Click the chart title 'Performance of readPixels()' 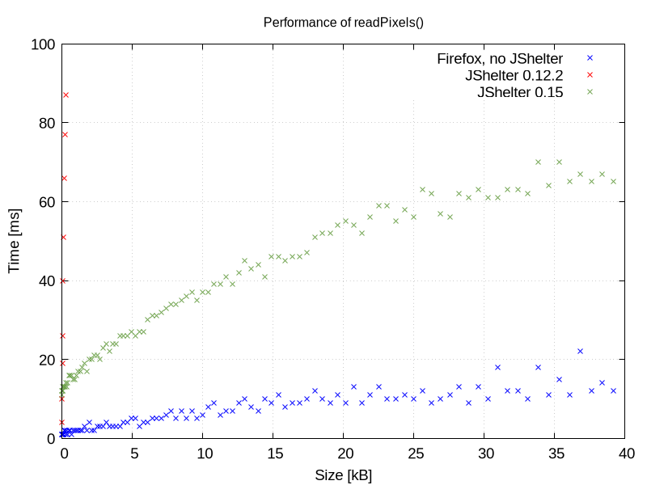click(x=344, y=22)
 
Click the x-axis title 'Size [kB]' click(x=344, y=474)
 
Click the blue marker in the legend click(x=590, y=58)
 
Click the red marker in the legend click(x=590, y=75)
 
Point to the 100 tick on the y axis click(x=41, y=44)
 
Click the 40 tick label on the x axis click(x=626, y=454)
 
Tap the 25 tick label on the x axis click(x=415, y=454)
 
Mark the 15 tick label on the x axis click(x=274, y=454)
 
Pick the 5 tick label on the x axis click(x=133, y=454)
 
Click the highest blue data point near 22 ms click(x=581, y=351)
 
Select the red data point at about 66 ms click(x=64, y=178)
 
